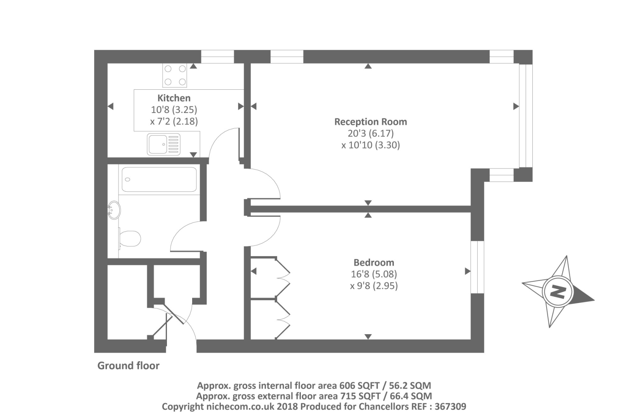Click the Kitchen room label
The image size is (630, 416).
pyautogui.click(x=174, y=98)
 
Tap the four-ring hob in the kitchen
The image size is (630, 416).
pyautogui.click(x=175, y=75)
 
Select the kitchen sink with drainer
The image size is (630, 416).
pyautogui.click(x=164, y=144)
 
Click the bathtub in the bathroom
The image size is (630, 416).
pyautogui.click(x=159, y=179)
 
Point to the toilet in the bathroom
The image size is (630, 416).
pyautogui.click(x=130, y=239)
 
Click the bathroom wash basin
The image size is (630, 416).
pyautogui.click(x=114, y=210)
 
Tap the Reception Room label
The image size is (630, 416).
pyautogui.click(x=370, y=122)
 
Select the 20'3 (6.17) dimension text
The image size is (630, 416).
pyautogui.click(x=370, y=133)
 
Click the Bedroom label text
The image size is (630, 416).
pyautogui.click(x=373, y=263)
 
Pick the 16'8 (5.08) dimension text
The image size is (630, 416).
pyautogui.click(x=373, y=274)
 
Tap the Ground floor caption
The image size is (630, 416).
pyautogui.click(x=128, y=366)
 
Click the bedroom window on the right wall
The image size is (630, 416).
pyautogui.click(x=477, y=267)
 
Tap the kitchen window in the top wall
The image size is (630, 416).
pyautogui.click(x=217, y=57)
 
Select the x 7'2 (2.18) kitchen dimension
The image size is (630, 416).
pyautogui.click(x=174, y=121)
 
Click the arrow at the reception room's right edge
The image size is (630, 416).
pyautogui.click(x=515, y=106)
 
